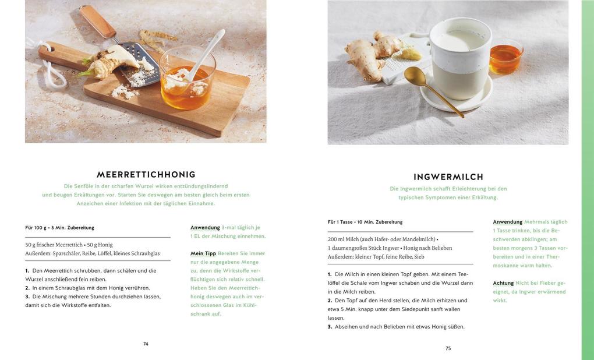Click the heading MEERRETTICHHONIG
[x=146, y=175]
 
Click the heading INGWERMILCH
[x=448, y=177]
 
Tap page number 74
[x=146, y=344]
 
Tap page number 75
[x=448, y=348]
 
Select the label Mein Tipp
[x=203, y=253]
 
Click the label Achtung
[x=503, y=283]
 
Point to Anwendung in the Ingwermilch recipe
[x=508, y=222]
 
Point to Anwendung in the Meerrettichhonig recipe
[x=205, y=228]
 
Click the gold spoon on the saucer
[x=428, y=87]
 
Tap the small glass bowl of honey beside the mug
[x=505, y=57]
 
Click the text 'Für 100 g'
[x=36, y=228]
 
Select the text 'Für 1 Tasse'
[x=340, y=222]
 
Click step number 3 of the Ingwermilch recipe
[x=330, y=327]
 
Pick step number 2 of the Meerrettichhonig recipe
[x=27, y=288]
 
